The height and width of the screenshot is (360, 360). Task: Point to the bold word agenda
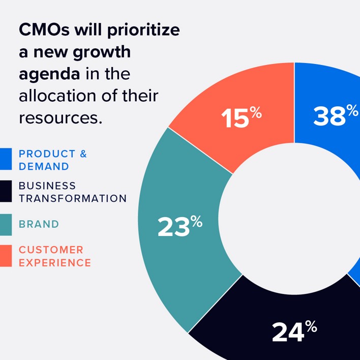tap(49, 74)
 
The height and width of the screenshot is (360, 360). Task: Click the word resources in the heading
tap(57, 118)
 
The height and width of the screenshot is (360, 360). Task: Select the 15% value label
tap(241, 118)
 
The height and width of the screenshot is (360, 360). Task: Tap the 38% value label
tap(335, 115)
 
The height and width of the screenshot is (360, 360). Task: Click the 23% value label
tap(179, 227)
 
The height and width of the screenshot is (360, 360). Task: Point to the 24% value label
tap(294, 332)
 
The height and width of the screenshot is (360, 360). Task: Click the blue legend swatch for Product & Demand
tap(6, 159)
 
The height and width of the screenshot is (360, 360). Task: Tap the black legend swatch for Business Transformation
tap(6, 192)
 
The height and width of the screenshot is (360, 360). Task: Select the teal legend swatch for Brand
tap(6, 224)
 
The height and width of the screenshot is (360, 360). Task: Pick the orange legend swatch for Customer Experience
tap(6, 256)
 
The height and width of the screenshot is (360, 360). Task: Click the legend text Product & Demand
tap(52, 160)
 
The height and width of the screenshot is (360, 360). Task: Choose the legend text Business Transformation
tap(72, 192)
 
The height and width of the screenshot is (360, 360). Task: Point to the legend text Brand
tap(39, 224)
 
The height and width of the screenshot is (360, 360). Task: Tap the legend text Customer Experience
tap(54, 256)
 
